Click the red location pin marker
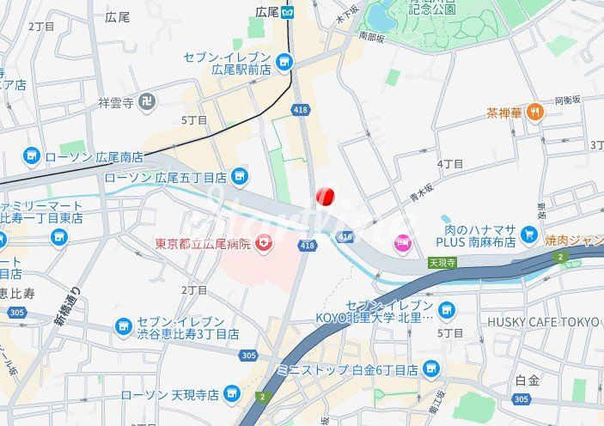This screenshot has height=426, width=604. point(325,197)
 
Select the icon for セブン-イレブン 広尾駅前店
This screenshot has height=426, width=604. point(284,62)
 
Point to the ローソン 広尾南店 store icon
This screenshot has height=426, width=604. point(32,156)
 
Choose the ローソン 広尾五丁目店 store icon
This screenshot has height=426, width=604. point(240,177)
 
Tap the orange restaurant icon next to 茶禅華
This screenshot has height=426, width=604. point(534,112)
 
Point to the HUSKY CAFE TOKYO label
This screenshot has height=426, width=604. point(543,322)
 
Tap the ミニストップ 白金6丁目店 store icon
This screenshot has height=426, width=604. point(430,370)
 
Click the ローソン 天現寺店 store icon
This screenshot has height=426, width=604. point(231,393)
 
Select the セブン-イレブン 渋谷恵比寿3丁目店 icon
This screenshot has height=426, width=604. point(124,327)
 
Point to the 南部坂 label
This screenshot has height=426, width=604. point(372,37)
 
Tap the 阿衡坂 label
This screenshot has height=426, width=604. point(567,100)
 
